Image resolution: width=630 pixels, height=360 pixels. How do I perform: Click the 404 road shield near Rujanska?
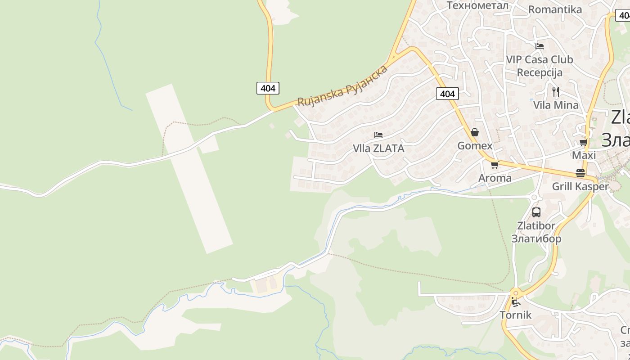point(268,88)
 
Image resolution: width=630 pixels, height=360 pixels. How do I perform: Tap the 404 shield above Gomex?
point(447,94)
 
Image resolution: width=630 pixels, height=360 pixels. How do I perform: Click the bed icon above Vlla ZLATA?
point(378,135)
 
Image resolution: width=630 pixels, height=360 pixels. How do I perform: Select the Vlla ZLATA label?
point(378,148)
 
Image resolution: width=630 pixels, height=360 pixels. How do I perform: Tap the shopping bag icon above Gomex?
point(474,132)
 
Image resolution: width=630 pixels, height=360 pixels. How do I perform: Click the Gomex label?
point(475,146)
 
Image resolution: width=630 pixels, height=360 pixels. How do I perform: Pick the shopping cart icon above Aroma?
point(495,165)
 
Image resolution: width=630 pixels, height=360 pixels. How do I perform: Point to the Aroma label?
point(495,178)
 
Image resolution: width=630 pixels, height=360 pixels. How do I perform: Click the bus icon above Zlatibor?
point(536,212)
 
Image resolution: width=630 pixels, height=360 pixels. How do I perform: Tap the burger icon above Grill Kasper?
point(580,173)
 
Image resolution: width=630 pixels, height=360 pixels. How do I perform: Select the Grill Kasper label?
point(580,186)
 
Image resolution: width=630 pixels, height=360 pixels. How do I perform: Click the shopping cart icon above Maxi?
point(584,142)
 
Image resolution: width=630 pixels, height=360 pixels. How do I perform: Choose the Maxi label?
point(584,155)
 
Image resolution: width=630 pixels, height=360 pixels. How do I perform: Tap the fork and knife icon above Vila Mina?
point(556,92)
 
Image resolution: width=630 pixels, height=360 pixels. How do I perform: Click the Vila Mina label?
point(556,105)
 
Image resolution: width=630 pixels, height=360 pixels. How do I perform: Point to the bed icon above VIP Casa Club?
point(540,46)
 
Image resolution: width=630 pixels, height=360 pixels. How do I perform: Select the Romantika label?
point(555,9)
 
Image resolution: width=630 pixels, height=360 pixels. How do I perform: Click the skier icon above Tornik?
point(516,302)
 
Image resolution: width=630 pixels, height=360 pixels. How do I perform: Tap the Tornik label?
point(516,315)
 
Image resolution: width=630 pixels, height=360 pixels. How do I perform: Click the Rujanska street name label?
point(342,86)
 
